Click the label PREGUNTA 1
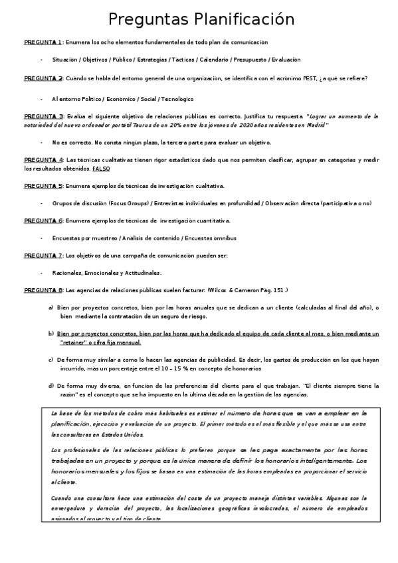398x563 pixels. [43, 41]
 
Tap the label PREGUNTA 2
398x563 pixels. [43, 78]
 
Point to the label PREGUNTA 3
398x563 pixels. [43, 116]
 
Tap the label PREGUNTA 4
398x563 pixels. [43, 160]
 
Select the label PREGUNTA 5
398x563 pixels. [43, 185]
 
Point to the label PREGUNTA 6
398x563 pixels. [43, 220]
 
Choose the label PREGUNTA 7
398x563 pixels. [43, 254]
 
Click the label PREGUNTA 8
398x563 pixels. [43, 289]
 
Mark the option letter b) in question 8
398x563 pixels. [50, 333]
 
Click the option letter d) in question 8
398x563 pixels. [50, 385]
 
